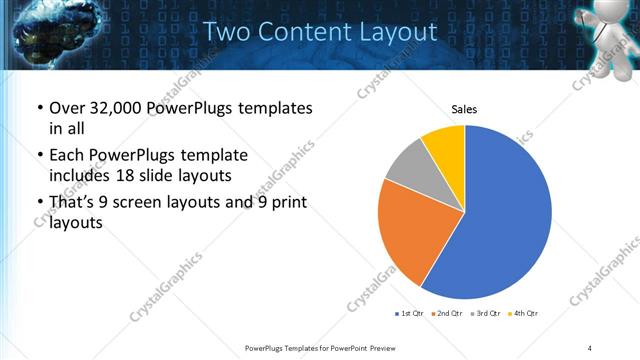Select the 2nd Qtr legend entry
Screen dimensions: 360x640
click(445, 315)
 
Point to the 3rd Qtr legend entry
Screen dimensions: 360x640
click(483, 315)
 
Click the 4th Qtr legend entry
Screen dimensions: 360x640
click(521, 315)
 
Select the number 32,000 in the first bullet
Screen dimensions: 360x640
click(111, 108)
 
